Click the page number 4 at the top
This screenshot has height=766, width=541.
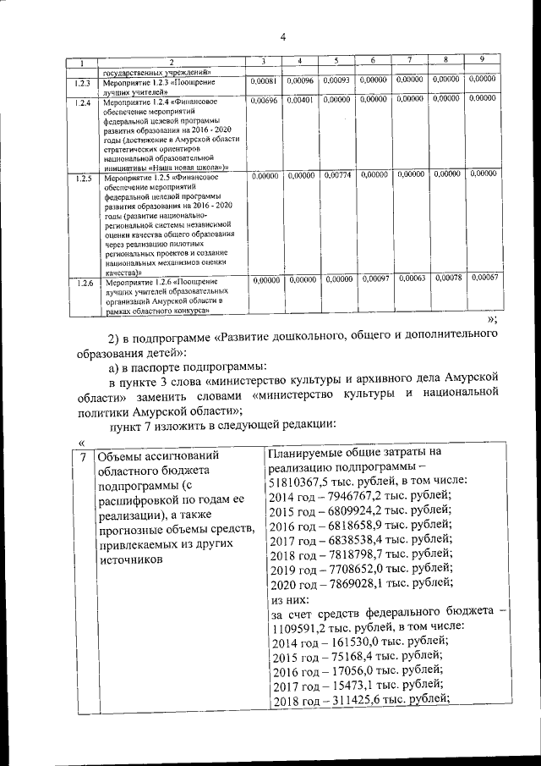[283, 36]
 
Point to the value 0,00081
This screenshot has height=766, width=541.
[265, 80]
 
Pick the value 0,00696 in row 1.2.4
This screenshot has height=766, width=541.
[265, 100]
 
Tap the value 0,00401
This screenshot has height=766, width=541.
[301, 100]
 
